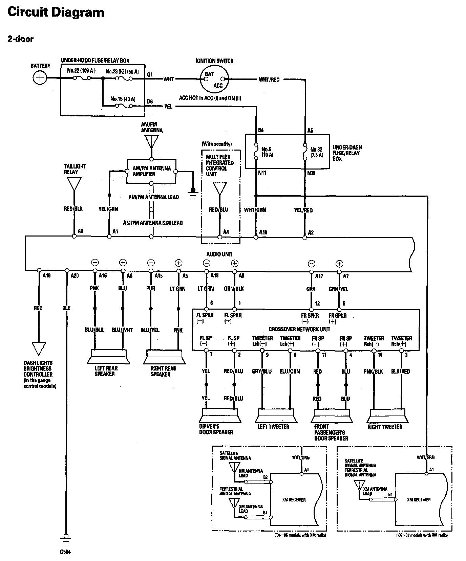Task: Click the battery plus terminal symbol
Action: click(x=40, y=78)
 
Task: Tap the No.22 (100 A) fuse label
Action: click(x=81, y=71)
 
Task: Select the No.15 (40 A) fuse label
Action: click(x=123, y=99)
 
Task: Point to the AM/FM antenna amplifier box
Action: click(x=151, y=171)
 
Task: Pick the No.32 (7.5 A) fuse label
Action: click(x=317, y=152)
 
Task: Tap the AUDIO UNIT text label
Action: click(x=219, y=254)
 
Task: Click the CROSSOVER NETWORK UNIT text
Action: click(x=299, y=329)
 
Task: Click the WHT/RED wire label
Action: click(x=269, y=80)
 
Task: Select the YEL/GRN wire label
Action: click(x=108, y=209)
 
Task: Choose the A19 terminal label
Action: click(x=46, y=276)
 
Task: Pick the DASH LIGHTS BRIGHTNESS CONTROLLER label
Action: click(x=38, y=369)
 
